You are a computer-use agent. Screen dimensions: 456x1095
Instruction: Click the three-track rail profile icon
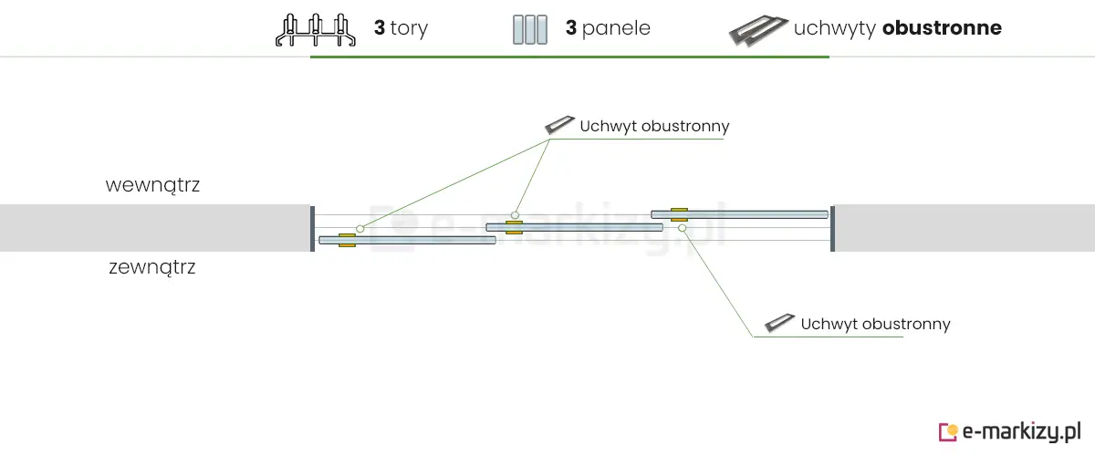pyautogui.click(x=315, y=29)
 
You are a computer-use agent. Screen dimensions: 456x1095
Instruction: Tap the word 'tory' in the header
pyautogui.click(x=409, y=28)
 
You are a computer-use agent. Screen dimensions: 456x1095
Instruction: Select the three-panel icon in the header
pyautogui.click(x=529, y=29)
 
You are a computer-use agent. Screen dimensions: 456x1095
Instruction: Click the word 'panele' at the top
pyautogui.click(x=616, y=28)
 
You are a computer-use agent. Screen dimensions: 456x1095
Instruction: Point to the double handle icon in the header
pyautogui.click(x=758, y=30)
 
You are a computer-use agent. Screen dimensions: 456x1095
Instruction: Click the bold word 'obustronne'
pyautogui.click(x=942, y=28)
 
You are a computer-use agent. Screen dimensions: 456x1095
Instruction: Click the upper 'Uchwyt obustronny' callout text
pyautogui.click(x=654, y=126)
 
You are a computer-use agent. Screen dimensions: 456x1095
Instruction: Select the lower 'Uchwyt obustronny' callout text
pyautogui.click(x=875, y=324)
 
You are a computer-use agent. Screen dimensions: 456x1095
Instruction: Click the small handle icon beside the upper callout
pyautogui.click(x=558, y=125)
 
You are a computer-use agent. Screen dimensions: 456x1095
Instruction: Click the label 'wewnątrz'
pyautogui.click(x=152, y=185)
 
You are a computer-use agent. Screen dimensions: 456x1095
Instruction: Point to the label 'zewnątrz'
pyautogui.click(x=152, y=268)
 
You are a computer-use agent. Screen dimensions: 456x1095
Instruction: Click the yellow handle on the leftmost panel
pyautogui.click(x=347, y=240)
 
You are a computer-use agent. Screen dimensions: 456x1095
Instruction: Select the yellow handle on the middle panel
pyautogui.click(x=514, y=226)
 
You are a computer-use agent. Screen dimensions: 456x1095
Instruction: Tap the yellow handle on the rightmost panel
pyautogui.click(x=679, y=214)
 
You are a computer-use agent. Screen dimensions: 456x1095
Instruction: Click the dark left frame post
pyautogui.click(x=312, y=228)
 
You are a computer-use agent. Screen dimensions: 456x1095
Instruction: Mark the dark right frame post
pyautogui.click(x=832, y=228)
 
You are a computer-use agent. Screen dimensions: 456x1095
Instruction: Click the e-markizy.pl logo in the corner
pyautogui.click(x=1010, y=430)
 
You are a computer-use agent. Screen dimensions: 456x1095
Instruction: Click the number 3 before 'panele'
pyautogui.click(x=570, y=28)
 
